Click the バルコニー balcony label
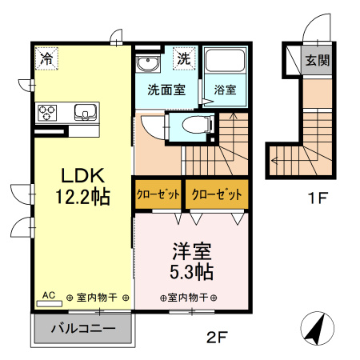(x=83, y=328)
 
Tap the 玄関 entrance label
(x=318, y=59)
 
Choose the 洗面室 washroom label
(x=166, y=90)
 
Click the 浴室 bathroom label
(x=224, y=90)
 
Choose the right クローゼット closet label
(x=214, y=195)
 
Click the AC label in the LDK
(x=48, y=295)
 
